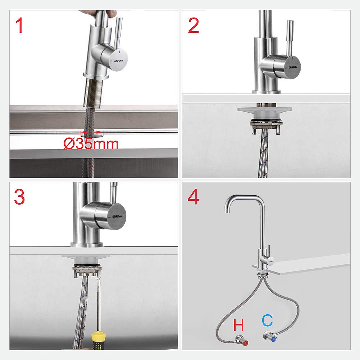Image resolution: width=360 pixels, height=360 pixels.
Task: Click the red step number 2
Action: coord(193,26)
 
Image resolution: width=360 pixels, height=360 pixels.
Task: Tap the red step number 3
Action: coord(20,197)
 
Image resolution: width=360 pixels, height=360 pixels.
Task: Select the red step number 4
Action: coord(193,197)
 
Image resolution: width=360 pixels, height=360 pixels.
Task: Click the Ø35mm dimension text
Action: coord(91,144)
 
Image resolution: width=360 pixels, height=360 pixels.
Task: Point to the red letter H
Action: coord(239,325)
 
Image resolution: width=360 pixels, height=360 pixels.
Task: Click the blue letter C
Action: coord(267,320)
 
